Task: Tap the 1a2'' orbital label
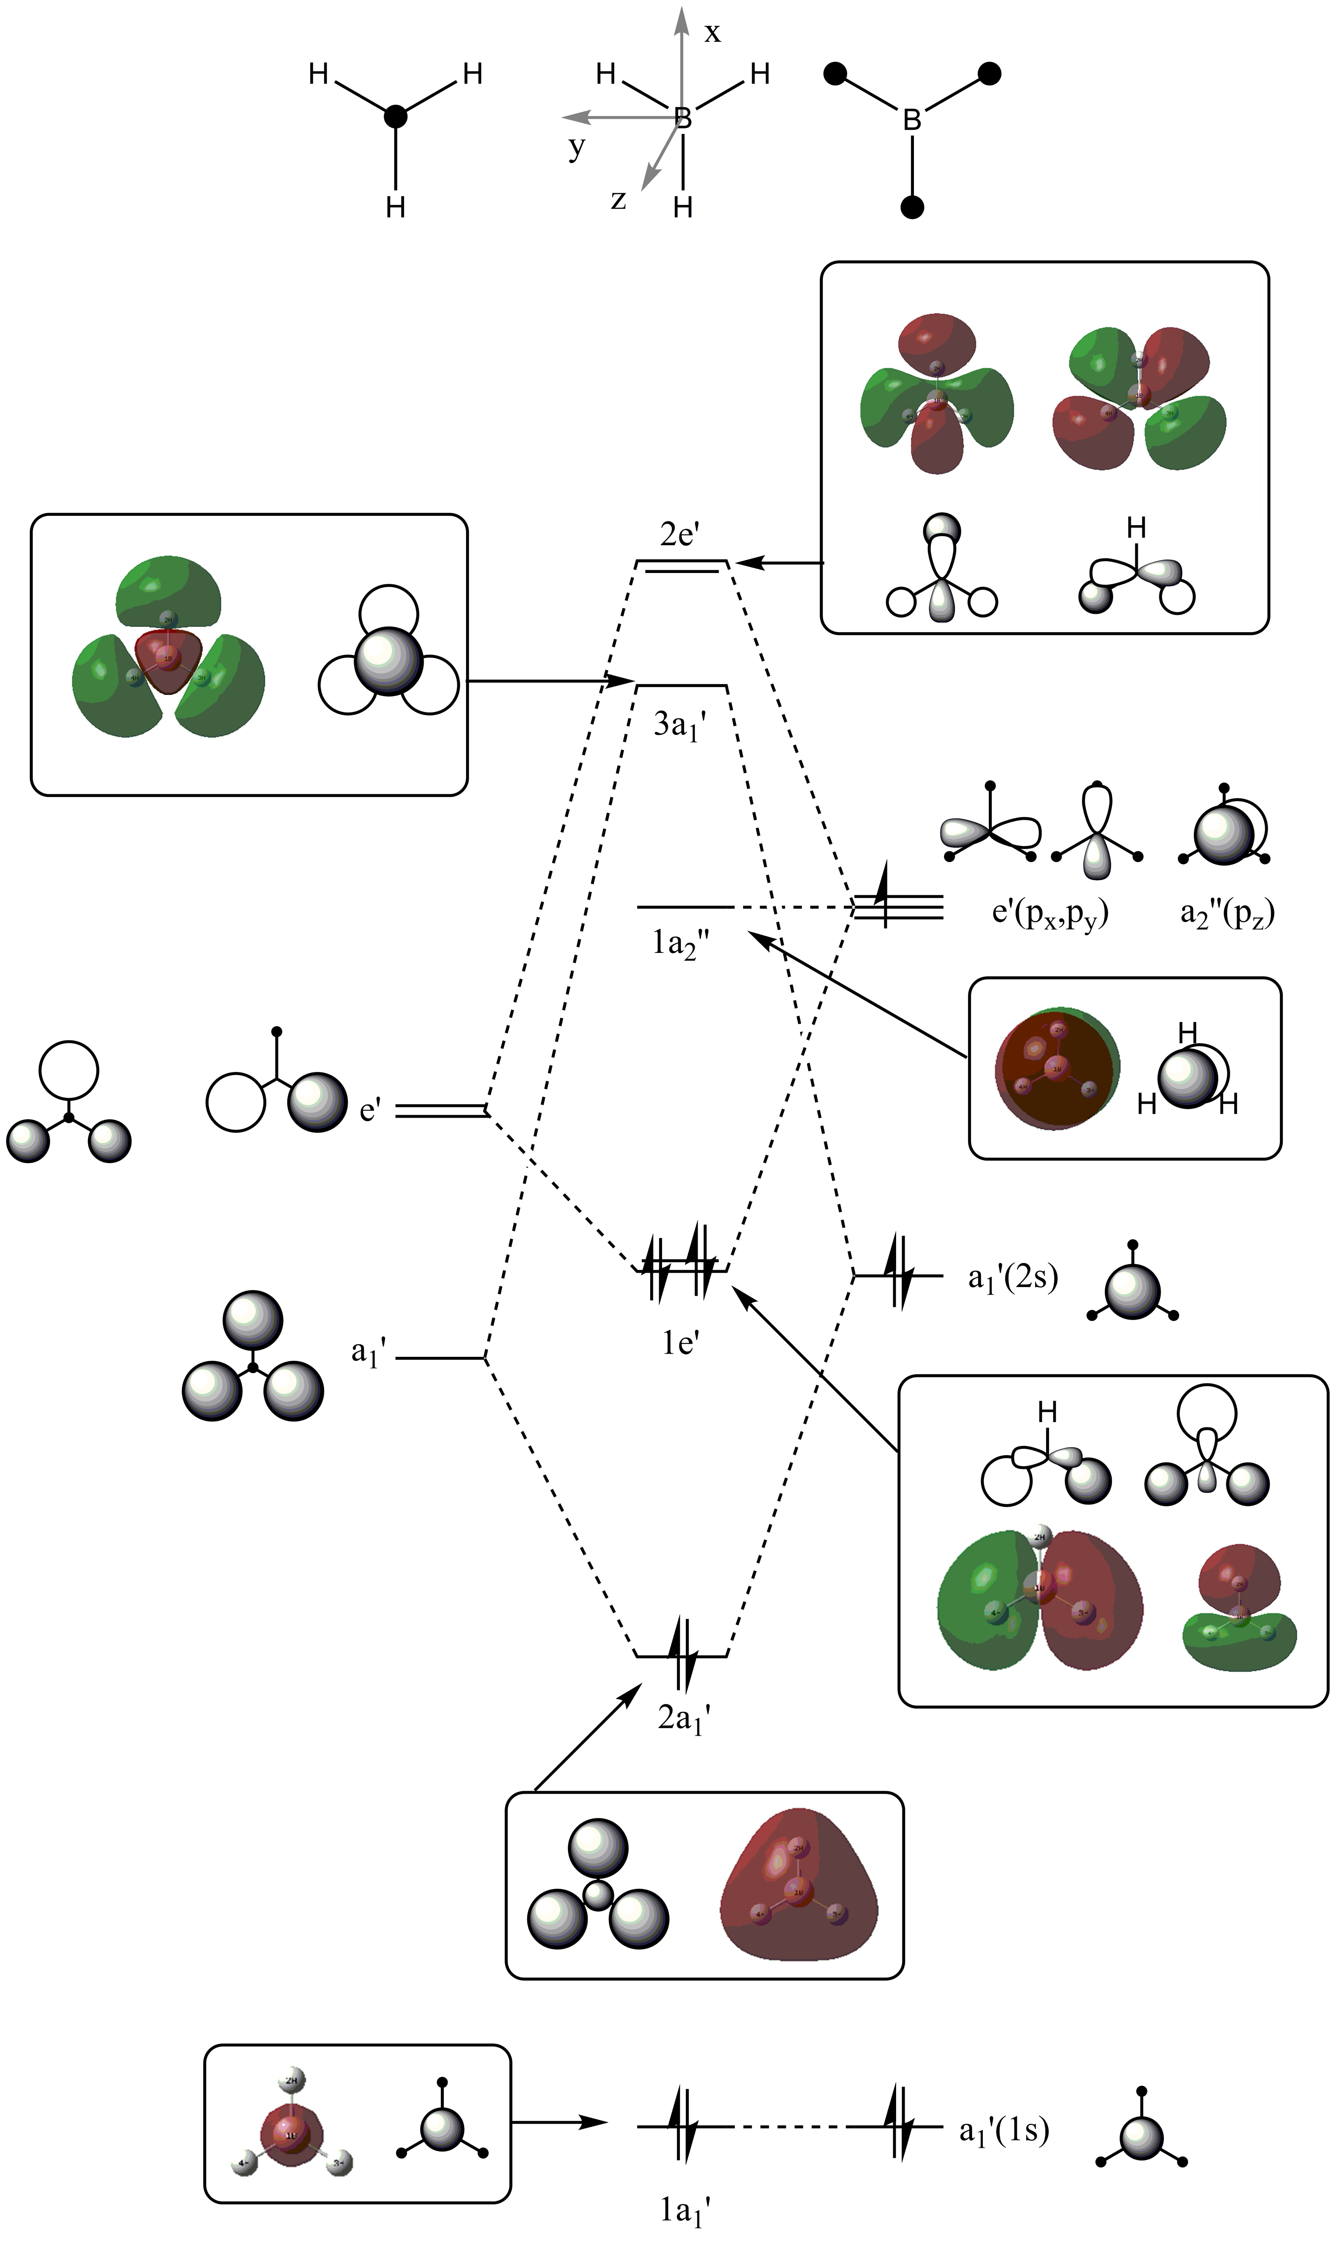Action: (681, 945)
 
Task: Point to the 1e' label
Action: (681, 1343)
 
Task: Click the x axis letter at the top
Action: (712, 33)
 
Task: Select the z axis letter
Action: (619, 199)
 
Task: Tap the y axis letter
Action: (576, 146)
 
